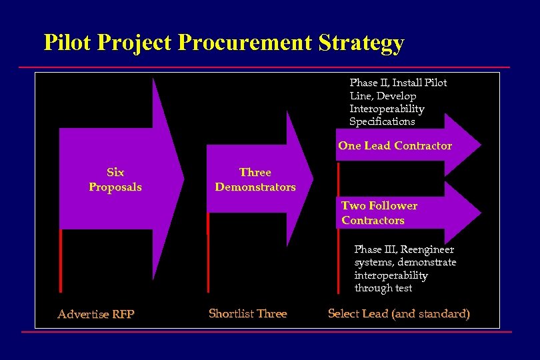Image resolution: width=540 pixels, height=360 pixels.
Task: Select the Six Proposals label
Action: [x=115, y=180]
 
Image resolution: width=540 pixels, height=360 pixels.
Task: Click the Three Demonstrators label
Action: [x=255, y=180]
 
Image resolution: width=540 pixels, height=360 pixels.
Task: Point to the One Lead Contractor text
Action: [x=395, y=146]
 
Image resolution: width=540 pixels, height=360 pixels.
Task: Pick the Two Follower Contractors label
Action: [x=379, y=213]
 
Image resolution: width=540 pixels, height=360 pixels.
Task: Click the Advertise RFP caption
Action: [x=96, y=314]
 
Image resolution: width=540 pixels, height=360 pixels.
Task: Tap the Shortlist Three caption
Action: [x=247, y=313]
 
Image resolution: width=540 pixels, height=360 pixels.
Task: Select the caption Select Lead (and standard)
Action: [x=399, y=313]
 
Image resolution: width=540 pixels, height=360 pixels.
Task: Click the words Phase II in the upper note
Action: [x=369, y=83]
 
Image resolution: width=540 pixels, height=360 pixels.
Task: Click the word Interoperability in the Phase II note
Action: [x=387, y=109]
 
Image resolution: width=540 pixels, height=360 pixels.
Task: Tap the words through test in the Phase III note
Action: [x=383, y=288]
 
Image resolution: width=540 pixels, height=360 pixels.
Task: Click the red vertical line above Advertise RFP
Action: [x=61, y=260]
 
